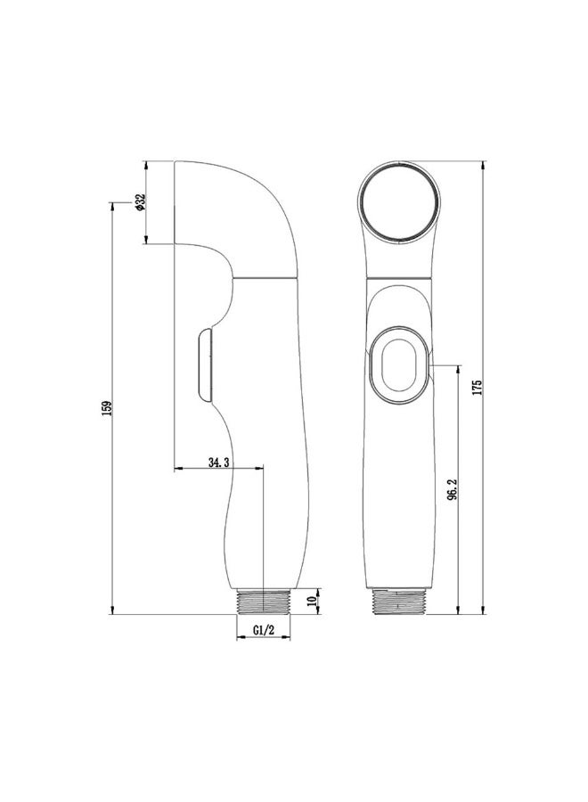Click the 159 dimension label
coord(106,408)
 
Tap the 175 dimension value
coord(477,388)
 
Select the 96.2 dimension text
coord(452,489)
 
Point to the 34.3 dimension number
coord(218,462)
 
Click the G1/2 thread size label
coord(264,630)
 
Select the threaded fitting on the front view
coord(399,601)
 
